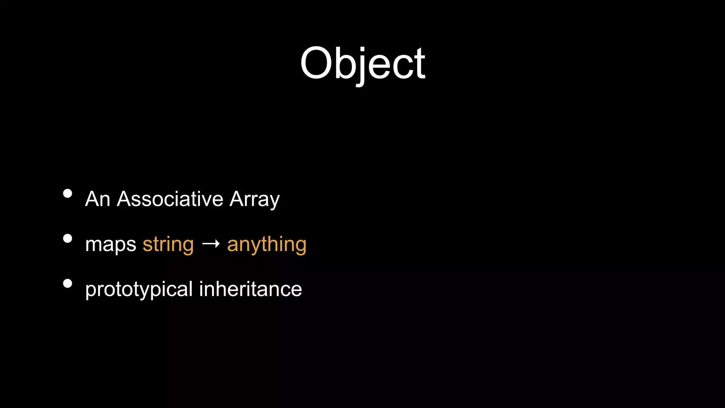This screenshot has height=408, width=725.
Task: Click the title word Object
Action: (x=362, y=64)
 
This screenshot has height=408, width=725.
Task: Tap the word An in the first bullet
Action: (x=98, y=199)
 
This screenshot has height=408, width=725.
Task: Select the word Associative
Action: (x=170, y=199)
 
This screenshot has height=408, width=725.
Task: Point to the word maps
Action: (x=110, y=245)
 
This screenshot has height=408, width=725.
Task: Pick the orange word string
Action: (x=168, y=245)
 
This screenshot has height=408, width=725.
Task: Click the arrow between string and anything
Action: (x=211, y=244)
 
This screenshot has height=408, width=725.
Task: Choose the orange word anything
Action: (x=267, y=245)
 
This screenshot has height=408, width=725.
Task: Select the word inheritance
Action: (x=250, y=289)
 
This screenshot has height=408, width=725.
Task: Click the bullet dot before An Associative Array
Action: (x=67, y=193)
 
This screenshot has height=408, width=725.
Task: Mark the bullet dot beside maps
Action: (x=67, y=238)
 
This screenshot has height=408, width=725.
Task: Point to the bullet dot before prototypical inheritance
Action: (x=67, y=283)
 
